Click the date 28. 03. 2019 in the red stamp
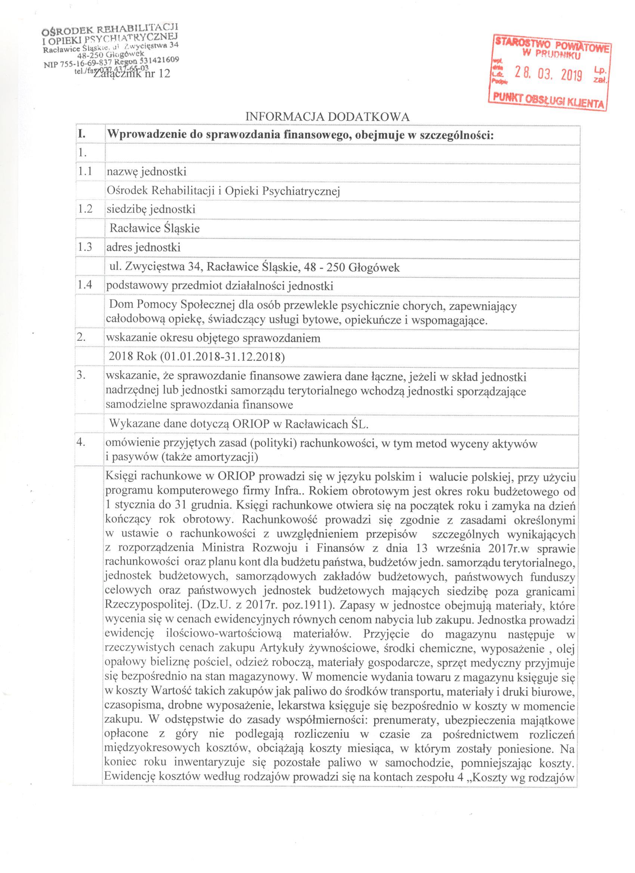548,74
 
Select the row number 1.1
85,171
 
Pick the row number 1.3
85,247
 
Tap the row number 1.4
85,286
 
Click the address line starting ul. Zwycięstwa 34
254,267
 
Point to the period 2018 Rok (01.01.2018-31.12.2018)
197,357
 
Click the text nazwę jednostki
147,171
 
